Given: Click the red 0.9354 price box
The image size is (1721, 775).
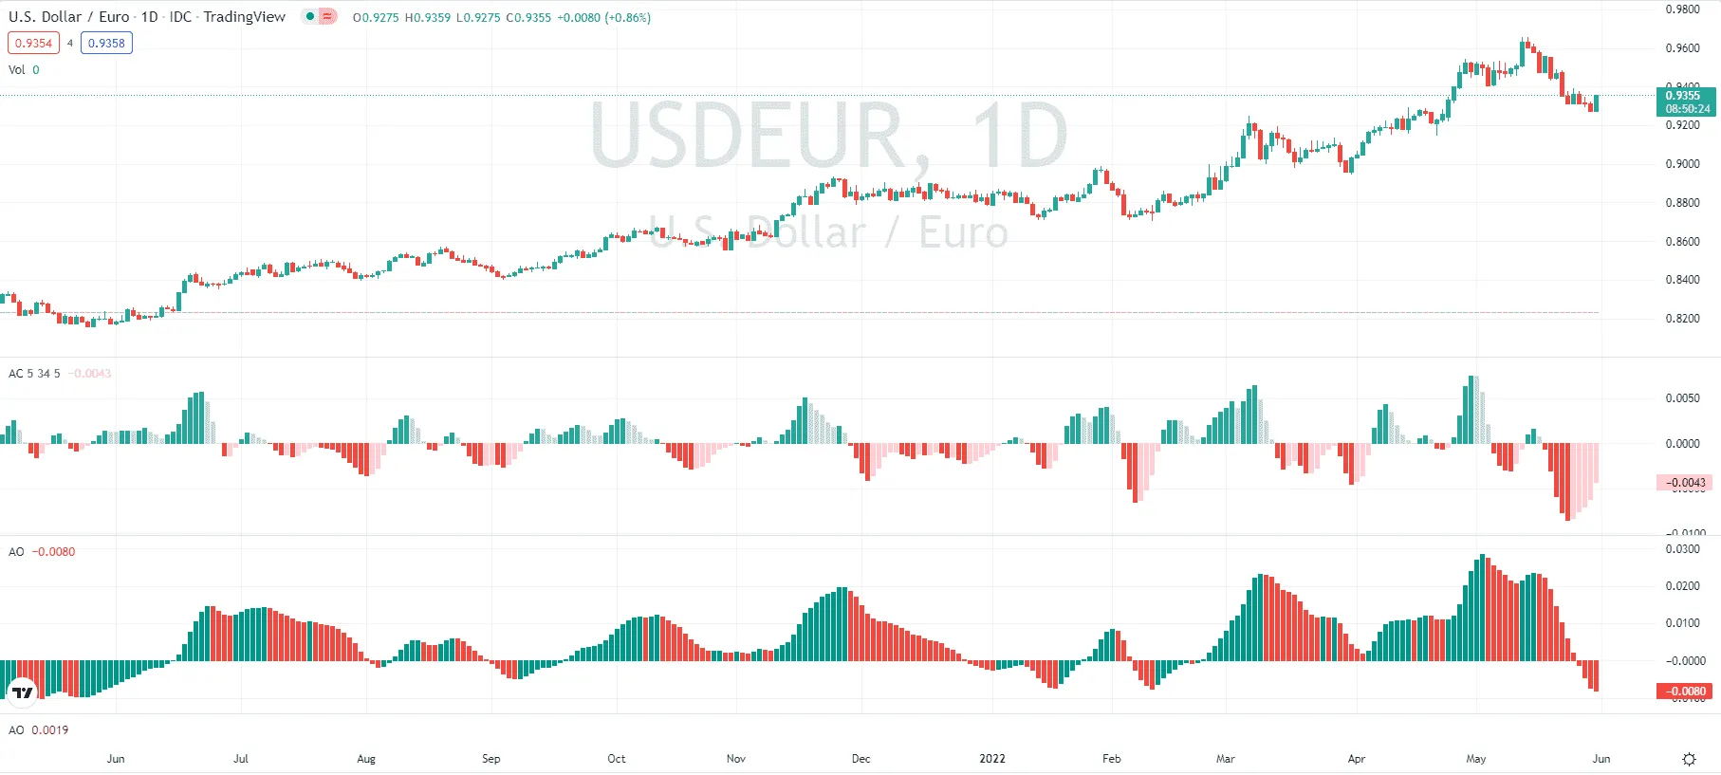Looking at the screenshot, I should coord(33,43).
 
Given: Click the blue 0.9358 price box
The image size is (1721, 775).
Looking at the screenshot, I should coord(106,43).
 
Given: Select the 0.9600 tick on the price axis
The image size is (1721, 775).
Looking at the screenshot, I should coord(1682,48).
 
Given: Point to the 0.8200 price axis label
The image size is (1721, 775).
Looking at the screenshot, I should coord(1682,319).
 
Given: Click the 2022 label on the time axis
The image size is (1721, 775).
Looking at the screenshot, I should coord(991,759).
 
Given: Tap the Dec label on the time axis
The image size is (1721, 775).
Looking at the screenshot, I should coord(860,759).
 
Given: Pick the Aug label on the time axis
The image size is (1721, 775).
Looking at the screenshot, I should coord(366,759).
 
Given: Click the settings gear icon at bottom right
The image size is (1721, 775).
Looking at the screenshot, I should coord(1689,759).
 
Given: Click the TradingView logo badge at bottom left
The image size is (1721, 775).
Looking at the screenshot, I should coord(22,692).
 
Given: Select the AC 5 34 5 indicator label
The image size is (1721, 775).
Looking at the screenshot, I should coord(34,374).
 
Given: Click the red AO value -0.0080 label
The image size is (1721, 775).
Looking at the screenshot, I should coord(53,552).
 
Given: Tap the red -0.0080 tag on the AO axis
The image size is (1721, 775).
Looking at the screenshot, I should coord(1686,692).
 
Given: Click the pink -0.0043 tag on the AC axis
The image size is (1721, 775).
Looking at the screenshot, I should coord(1685,483).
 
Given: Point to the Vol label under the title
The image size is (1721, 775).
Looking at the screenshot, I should coord(17,70).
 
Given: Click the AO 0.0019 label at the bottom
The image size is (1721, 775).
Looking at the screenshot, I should coord(38,730).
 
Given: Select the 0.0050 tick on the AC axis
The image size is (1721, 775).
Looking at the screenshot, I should coord(1682,398).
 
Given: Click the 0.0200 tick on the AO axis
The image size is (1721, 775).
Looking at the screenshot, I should coord(1682,586).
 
